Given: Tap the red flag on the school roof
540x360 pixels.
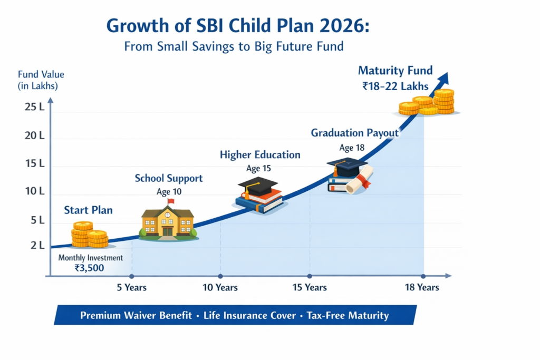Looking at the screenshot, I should click(170, 201).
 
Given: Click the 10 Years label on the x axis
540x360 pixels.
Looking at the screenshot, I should click(220, 287).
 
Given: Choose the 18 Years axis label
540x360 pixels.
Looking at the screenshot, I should click(422, 287).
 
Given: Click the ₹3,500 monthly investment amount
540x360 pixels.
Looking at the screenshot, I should click(90, 267).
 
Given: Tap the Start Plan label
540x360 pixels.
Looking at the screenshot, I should click(88, 210).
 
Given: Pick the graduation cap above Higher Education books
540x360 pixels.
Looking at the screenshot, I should click(257, 185).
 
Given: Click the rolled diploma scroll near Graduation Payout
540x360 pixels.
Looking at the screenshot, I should click(361, 179).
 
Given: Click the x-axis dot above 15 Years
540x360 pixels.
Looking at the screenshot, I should click(309, 276).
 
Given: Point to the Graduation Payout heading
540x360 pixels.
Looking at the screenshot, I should click(354, 133).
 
